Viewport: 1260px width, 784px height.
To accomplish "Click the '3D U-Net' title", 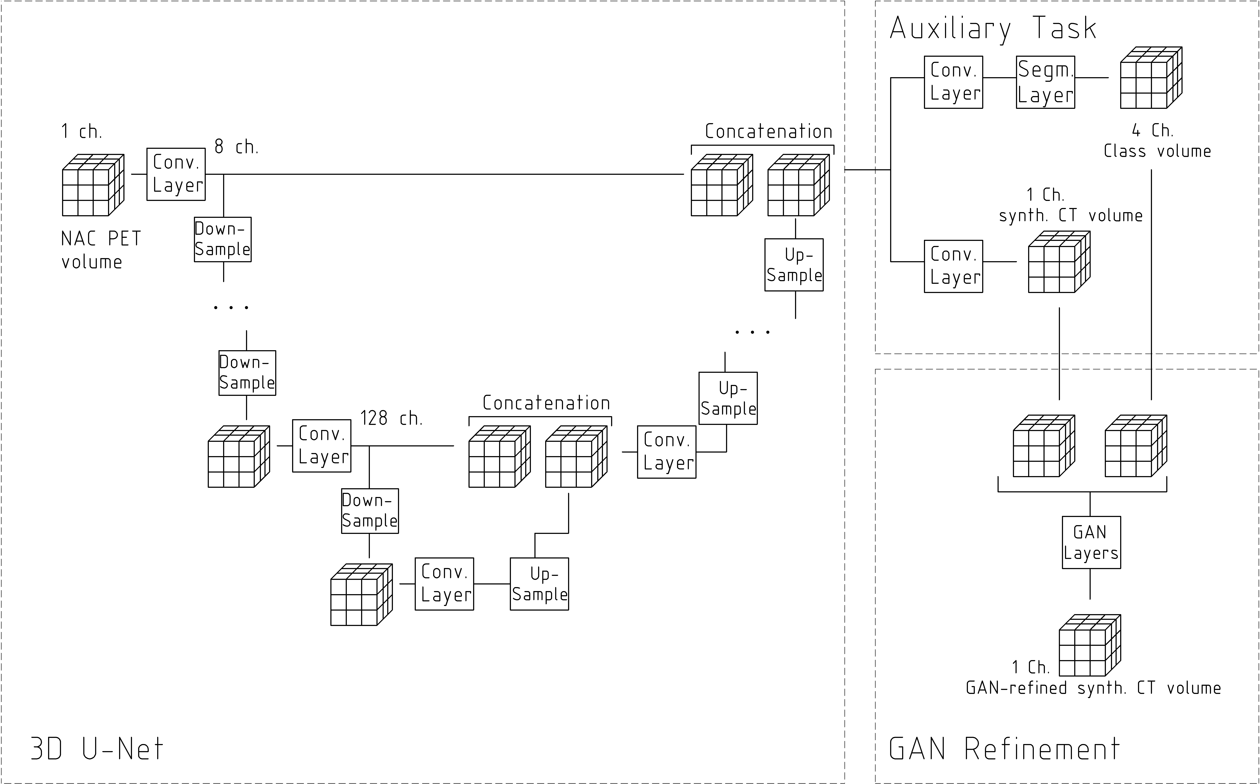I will [97, 749].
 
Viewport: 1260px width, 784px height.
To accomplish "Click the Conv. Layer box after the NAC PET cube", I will [176, 174].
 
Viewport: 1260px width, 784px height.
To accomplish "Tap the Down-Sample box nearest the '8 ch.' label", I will [223, 240].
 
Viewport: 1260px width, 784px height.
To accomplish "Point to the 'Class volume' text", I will [1157, 151].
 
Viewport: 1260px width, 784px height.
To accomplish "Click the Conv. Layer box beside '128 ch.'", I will [321, 446].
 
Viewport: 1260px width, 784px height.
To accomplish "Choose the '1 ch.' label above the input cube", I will [81, 132].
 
